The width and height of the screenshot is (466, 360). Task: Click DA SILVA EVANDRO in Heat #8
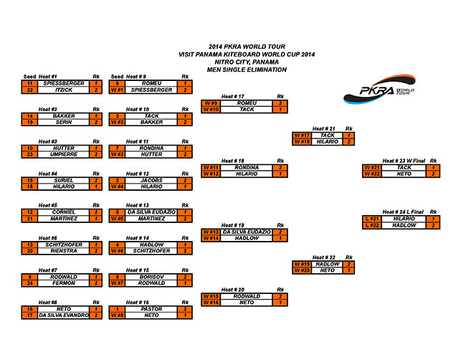tap(63, 316)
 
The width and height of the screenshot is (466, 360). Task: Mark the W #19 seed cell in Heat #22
tap(301, 264)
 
